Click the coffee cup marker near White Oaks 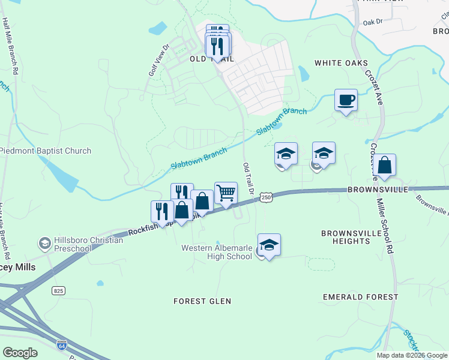click(x=346, y=100)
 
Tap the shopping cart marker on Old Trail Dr click(x=226, y=193)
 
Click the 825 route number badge click(x=58, y=290)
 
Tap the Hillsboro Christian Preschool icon click(x=44, y=244)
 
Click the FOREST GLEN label click(x=202, y=301)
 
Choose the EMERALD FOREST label click(x=360, y=297)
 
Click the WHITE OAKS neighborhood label click(x=341, y=63)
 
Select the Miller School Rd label click(x=389, y=223)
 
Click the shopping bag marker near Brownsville click(x=384, y=166)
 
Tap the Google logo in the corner click(x=20, y=353)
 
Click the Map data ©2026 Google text click(x=411, y=355)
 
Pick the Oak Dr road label click(x=372, y=22)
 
